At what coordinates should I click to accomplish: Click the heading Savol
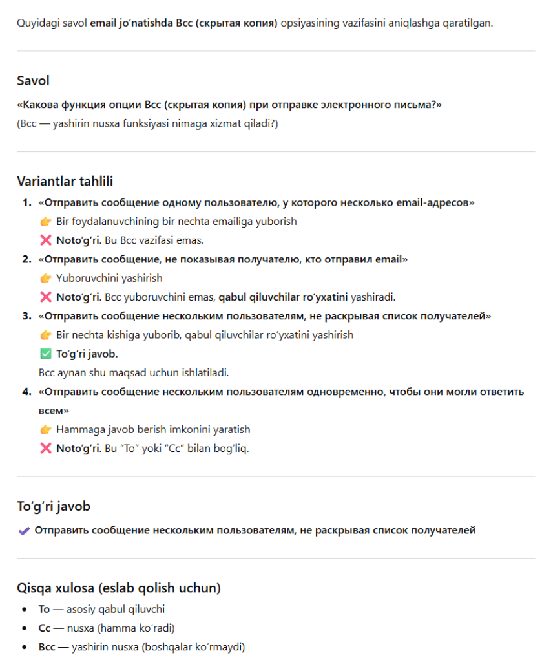click(33, 81)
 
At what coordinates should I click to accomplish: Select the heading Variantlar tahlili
click(65, 182)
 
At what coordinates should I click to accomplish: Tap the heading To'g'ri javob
click(54, 506)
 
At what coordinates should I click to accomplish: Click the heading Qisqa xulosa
click(119, 588)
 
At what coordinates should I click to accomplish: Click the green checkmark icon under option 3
click(45, 354)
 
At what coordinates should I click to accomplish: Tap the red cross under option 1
click(45, 240)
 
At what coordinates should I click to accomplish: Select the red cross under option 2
click(45, 297)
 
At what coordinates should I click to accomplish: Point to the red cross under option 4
click(45, 449)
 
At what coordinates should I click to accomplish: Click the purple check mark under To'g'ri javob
click(24, 531)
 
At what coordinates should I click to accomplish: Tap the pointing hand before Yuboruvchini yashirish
click(45, 279)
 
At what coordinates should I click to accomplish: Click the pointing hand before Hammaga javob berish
click(45, 430)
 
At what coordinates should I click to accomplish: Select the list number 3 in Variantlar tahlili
click(26, 316)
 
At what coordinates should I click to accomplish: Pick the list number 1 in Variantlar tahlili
click(26, 203)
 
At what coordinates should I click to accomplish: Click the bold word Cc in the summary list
click(44, 628)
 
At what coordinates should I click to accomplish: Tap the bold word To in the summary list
click(44, 609)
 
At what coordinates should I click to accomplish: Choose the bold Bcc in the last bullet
click(47, 646)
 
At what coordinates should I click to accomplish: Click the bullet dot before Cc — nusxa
click(24, 628)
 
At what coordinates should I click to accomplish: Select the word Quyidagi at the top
click(37, 23)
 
